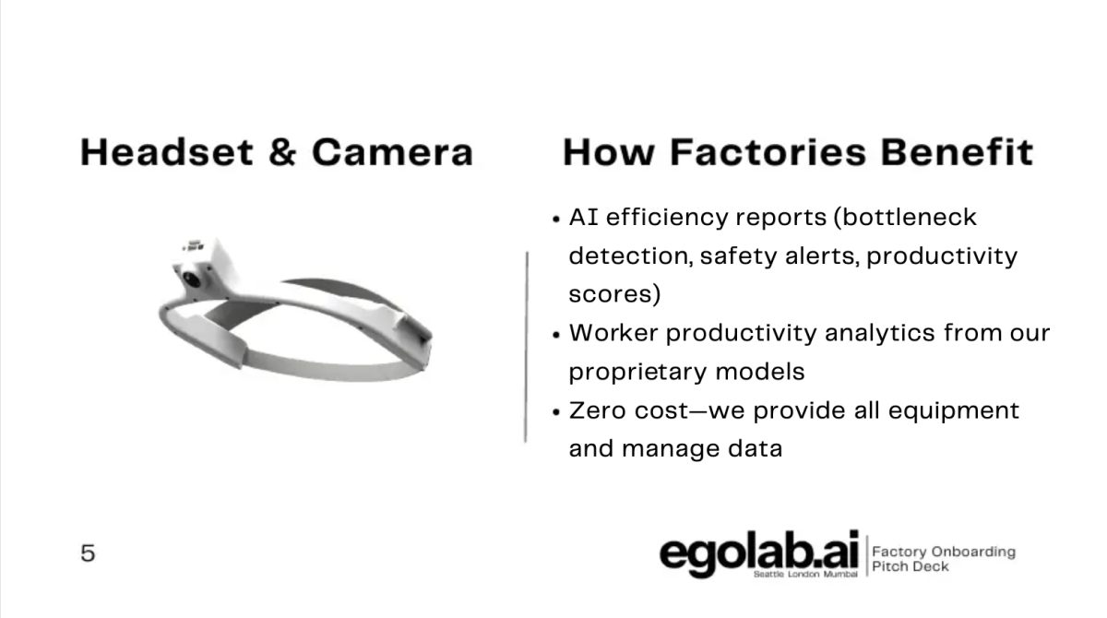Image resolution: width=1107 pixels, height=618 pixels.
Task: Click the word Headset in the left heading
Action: click(x=167, y=152)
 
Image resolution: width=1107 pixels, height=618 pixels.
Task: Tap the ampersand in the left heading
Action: click(x=282, y=152)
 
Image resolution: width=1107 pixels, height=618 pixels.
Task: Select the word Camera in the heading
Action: click(x=393, y=152)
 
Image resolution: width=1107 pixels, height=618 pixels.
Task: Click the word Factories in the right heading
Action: click(x=768, y=152)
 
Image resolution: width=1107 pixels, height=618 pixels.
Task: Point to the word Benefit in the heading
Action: click(x=957, y=152)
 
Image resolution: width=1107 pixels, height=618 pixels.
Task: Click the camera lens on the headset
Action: click(x=191, y=279)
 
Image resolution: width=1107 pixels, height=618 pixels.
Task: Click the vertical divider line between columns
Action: click(x=527, y=348)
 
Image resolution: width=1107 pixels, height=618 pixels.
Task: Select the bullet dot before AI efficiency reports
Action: click(x=556, y=219)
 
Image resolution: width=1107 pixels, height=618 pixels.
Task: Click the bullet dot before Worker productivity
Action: click(x=556, y=335)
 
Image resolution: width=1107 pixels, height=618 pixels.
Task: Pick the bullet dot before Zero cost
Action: click(x=556, y=412)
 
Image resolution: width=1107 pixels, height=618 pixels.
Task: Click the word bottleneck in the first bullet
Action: click(x=909, y=218)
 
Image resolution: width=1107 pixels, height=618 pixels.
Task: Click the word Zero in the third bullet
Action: click(x=598, y=410)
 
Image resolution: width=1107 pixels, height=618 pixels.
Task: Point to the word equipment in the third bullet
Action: click(x=953, y=411)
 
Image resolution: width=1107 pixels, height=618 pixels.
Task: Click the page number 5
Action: click(x=88, y=553)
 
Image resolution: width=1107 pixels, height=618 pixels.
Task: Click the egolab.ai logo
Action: click(x=759, y=553)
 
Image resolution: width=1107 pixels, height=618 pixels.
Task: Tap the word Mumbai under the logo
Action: click(x=840, y=574)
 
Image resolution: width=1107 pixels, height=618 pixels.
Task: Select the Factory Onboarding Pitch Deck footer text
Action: click(x=944, y=559)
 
